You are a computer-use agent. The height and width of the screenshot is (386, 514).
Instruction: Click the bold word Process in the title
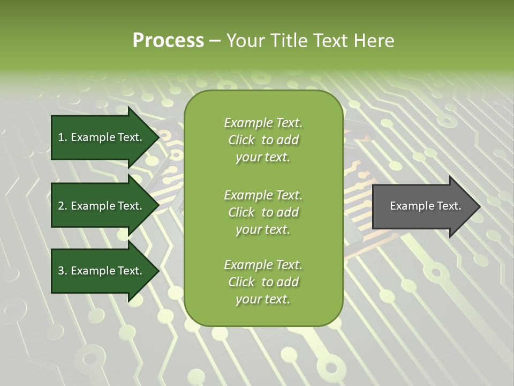[x=168, y=41]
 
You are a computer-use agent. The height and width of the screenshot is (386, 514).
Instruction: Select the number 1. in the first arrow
[x=62, y=137]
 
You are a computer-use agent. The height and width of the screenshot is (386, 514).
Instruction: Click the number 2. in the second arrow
[x=62, y=206]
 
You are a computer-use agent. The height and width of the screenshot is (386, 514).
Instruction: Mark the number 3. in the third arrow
[x=62, y=271]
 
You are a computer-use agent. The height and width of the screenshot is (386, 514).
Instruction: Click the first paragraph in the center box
[x=263, y=140]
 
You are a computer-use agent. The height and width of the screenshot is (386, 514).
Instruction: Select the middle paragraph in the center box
[x=263, y=212]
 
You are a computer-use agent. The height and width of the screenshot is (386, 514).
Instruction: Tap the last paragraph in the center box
[x=263, y=282]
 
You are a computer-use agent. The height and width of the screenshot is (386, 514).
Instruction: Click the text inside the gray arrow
[x=426, y=206]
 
